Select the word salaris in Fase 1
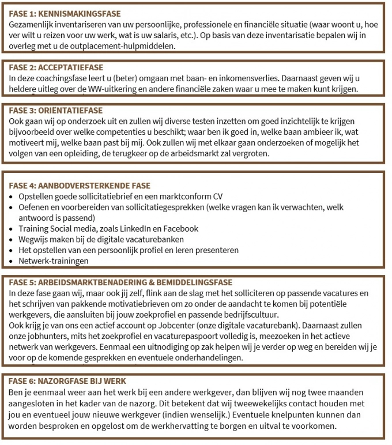pos(169,35)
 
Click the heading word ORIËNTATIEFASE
pos(74,110)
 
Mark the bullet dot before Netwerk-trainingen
pos(13,261)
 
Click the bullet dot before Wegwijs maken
pos(13,239)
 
